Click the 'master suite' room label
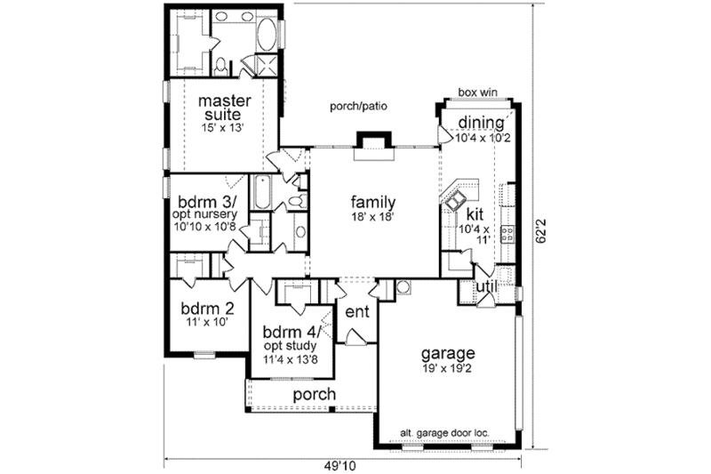[221, 106]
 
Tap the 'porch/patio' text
[358, 106]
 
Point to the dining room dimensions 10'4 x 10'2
[482, 139]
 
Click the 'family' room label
[372, 201]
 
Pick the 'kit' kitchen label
[475, 214]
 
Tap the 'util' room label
[486, 286]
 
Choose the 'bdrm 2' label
[207, 309]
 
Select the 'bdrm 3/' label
[206, 202]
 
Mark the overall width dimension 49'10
[348, 464]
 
